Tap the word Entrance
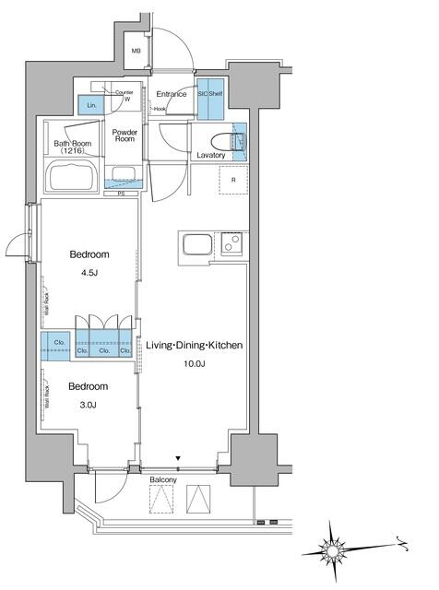pos(172,94)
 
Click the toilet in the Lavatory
pos(225,141)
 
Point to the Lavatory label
pos(211,156)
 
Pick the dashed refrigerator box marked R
pos(233,180)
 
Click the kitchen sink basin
pos(197,246)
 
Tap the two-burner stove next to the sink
pos(231,245)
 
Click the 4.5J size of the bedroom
pos(89,274)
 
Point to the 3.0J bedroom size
pos(89,405)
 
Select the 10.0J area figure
pos(194,364)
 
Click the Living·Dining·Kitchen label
pos(194,346)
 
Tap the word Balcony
pos(162,479)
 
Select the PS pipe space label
pos(121,194)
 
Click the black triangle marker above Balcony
pos(179,457)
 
